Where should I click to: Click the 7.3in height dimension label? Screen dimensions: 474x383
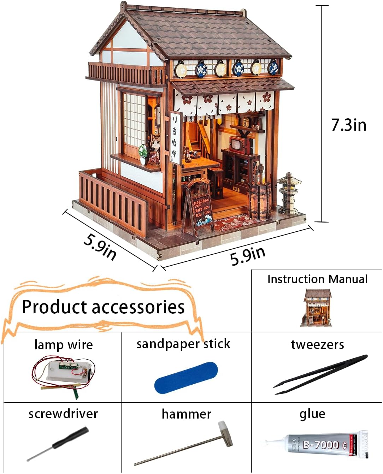pyautogui.click(x=349, y=125)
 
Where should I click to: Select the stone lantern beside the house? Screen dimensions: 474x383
pyautogui.click(x=289, y=192)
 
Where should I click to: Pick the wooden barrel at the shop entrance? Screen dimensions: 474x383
pyautogui.click(x=260, y=200)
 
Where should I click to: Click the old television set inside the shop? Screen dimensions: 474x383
pyautogui.click(x=240, y=145)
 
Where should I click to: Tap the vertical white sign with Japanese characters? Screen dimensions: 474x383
pyautogui.click(x=175, y=138)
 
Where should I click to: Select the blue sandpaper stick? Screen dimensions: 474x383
pyautogui.click(x=186, y=378)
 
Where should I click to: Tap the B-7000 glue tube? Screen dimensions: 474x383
pyautogui.click(x=322, y=445)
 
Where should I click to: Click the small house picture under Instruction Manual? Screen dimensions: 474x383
pyautogui.click(x=317, y=307)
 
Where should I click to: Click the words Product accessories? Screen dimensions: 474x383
pyautogui.click(x=103, y=307)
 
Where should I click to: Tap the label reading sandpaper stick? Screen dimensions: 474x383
pyautogui.click(x=183, y=344)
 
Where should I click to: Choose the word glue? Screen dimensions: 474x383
pyautogui.click(x=312, y=414)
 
